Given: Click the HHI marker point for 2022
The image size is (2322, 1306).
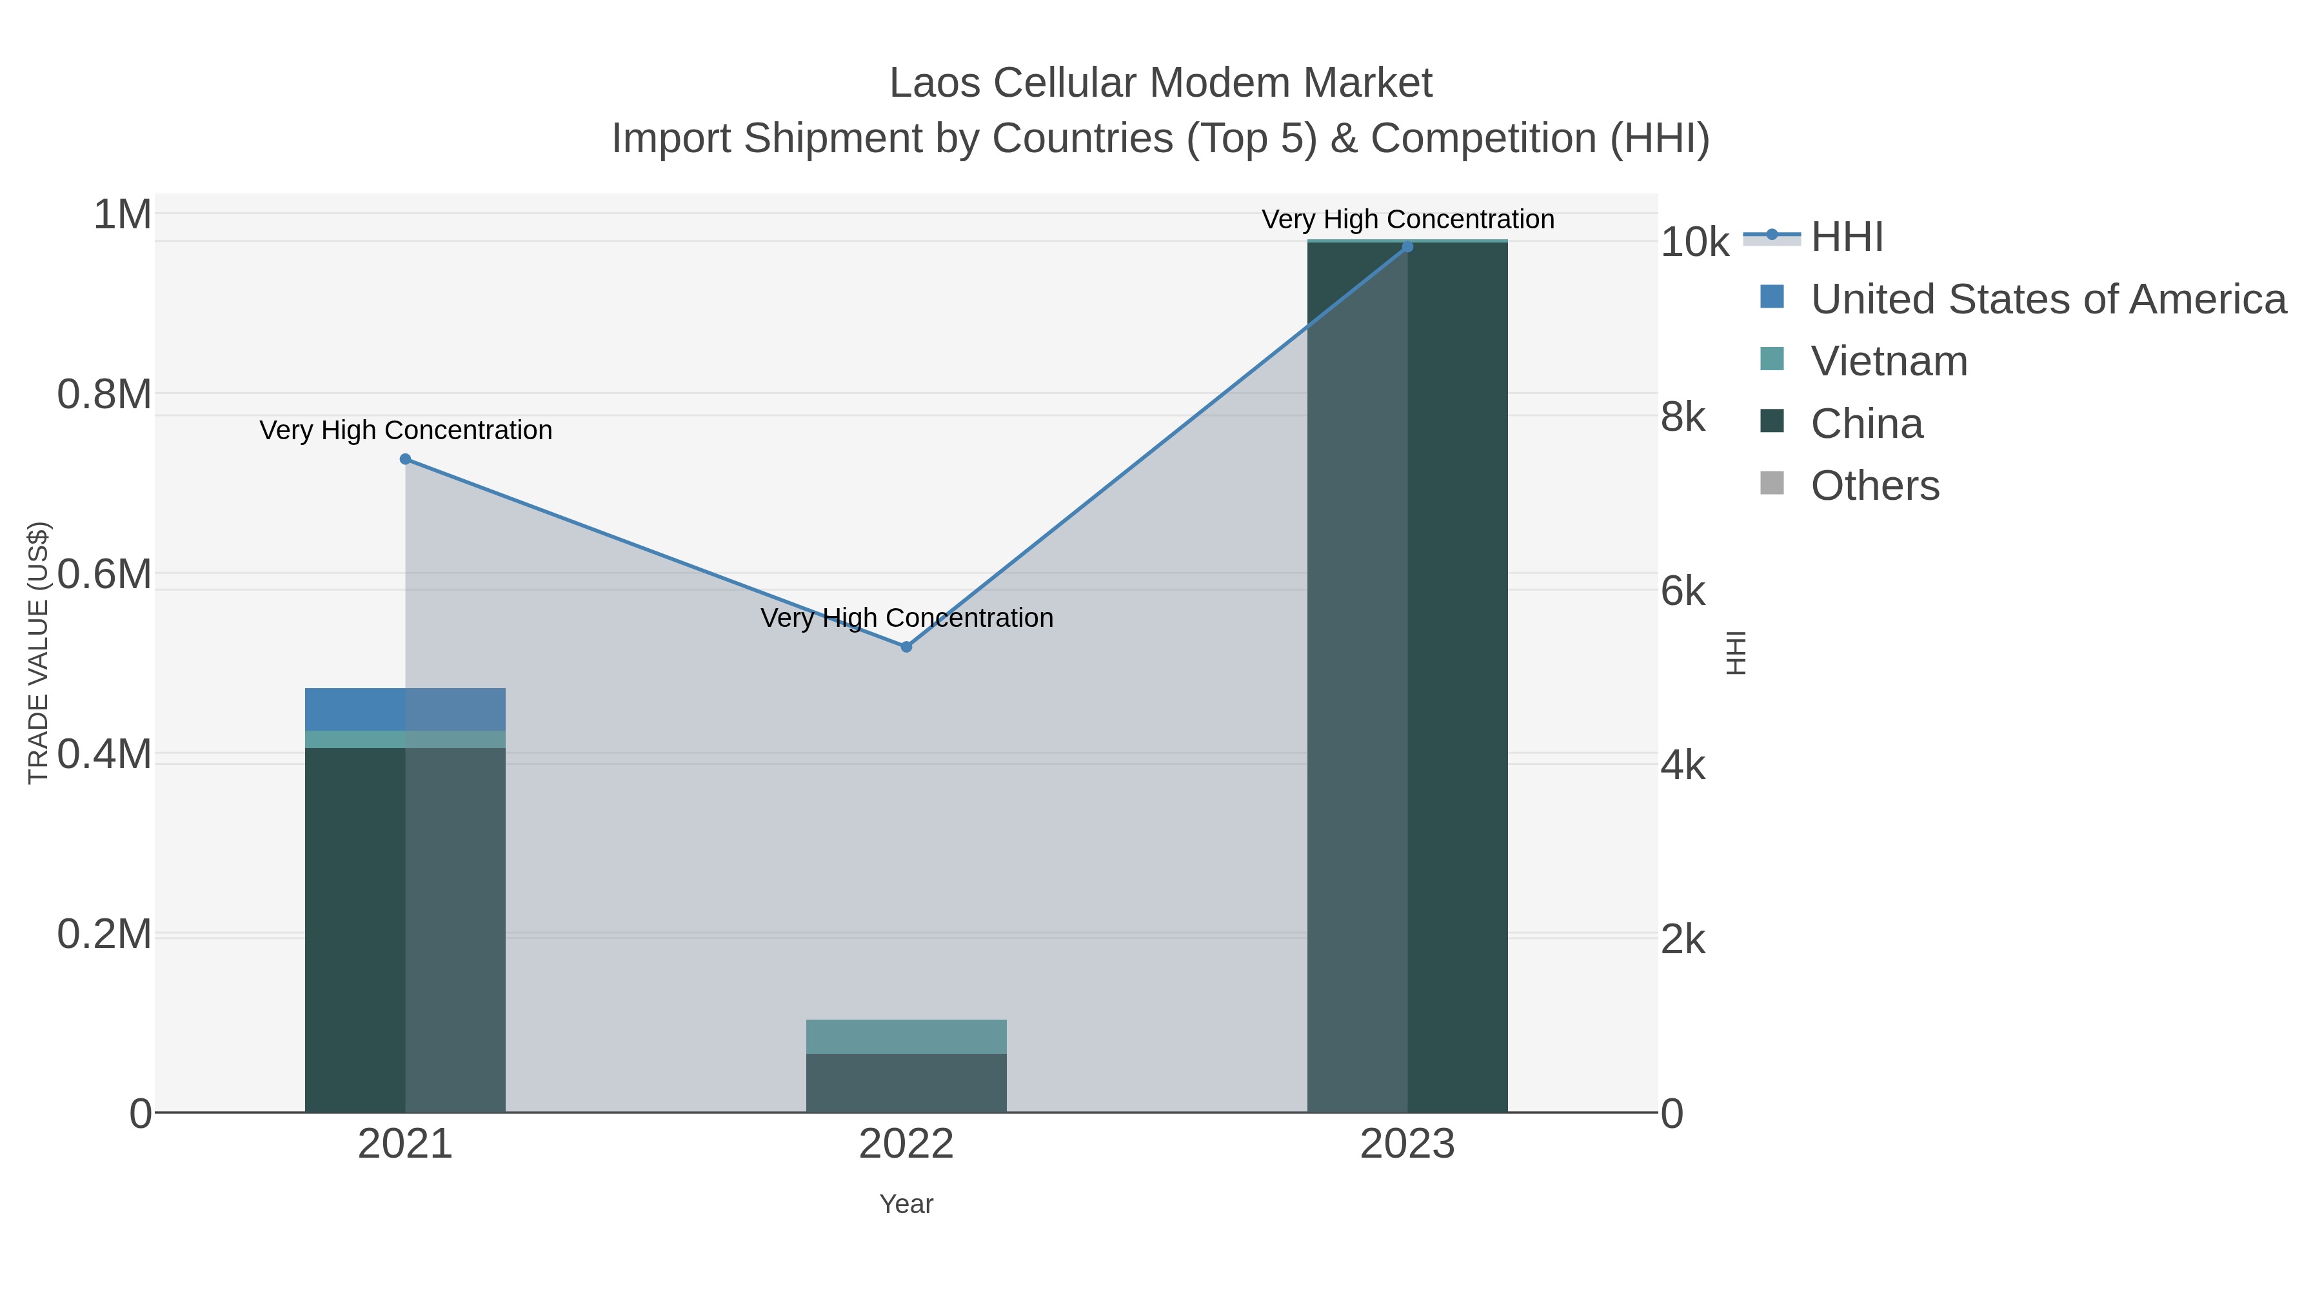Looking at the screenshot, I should (x=906, y=646).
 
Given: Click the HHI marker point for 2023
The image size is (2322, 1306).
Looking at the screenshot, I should (x=1407, y=246).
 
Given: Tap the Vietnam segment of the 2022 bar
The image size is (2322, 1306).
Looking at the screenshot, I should (x=906, y=1036).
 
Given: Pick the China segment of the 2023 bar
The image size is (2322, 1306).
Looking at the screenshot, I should (x=1407, y=676).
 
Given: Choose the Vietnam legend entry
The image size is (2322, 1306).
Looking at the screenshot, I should (x=1889, y=361).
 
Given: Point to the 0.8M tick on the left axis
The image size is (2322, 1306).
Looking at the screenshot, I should (x=104, y=395).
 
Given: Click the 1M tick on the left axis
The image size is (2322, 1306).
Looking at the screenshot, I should (x=122, y=215).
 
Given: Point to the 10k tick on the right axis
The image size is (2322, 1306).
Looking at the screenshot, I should (x=1694, y=243).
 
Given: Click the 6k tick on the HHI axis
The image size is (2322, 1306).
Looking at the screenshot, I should (x=1682, y=592).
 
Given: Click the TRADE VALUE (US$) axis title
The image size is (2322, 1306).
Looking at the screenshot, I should (x=38, y=653).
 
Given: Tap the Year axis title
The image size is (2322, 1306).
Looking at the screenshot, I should (x=906, y=1204).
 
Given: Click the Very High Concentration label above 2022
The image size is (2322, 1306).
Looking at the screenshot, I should (x=906, y=618).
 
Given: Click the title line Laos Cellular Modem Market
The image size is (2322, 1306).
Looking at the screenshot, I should (x=1160, y=83).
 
